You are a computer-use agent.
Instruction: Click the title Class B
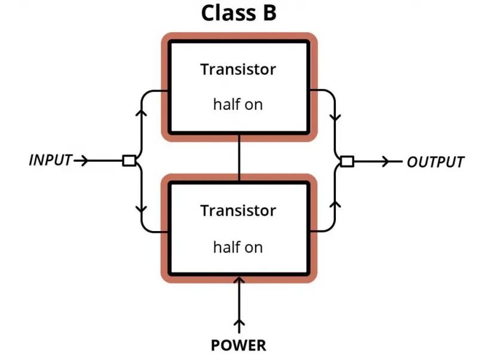tap(238, 13)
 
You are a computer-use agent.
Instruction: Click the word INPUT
tap(50, 160)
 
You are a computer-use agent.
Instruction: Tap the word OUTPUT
tap(436, 162)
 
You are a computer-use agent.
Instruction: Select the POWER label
tap(238, 346)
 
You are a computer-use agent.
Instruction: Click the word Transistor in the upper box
tap(238, 69)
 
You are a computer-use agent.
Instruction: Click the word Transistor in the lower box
tap(238, 211)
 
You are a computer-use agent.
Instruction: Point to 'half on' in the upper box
tap(238, 104)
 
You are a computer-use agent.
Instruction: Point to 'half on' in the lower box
tap(238, 247)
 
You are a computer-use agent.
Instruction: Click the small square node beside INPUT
tap(129, 160)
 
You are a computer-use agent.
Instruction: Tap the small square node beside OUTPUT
tap(347, 161)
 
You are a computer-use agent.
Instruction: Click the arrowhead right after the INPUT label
tap(84, 160)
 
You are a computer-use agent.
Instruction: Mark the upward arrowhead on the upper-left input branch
tap(141, 112)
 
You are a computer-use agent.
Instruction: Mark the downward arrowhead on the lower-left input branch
tap(141, 210)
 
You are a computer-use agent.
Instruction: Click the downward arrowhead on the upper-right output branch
tap(335, 117)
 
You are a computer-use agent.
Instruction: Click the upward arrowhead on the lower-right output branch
tap(335, 204)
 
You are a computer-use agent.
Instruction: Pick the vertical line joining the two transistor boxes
tap(240, 158)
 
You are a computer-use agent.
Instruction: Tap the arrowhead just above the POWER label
tap(240, 322)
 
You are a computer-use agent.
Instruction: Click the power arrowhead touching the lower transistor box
tap(240, 281)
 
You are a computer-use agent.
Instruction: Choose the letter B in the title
tap(269, 13)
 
